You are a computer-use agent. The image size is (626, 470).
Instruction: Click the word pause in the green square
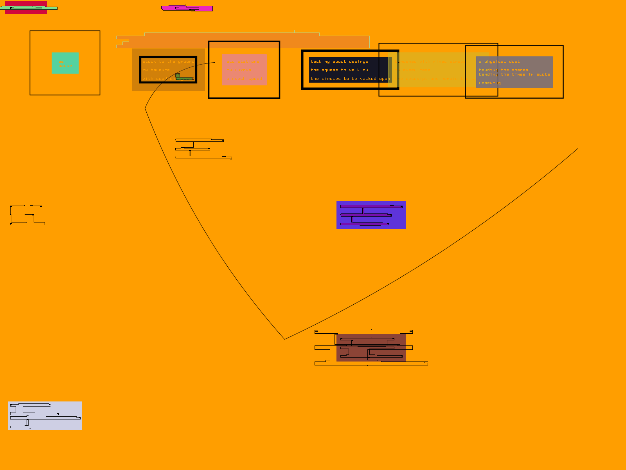[65, 66]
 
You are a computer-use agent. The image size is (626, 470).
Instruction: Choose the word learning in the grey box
[489, 83]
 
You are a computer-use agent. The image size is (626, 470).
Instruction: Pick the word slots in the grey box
[543, 74]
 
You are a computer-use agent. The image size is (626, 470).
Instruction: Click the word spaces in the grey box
[520, 70]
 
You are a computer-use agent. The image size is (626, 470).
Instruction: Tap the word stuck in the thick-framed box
[149, 61]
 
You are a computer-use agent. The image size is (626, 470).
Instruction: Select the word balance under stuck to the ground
[160, 70]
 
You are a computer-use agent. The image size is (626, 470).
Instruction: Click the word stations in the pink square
[248, 61]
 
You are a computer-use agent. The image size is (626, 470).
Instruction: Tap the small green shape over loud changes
[178, 75]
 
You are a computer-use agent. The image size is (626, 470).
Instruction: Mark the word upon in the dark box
[385, 79]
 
